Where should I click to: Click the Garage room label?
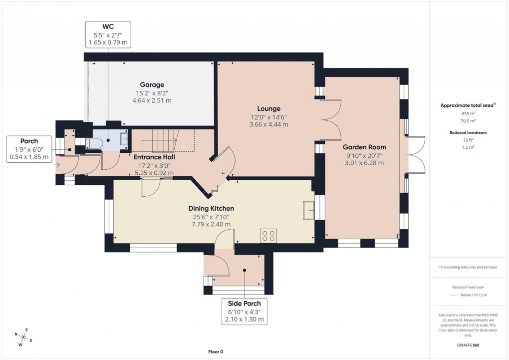click(152, 85)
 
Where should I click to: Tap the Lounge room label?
click(268, 108)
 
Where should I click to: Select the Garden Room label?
click(364, 147)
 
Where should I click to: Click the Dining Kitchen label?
click(211, 208)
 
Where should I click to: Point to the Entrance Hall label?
click(154, 157)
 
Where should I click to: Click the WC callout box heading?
click(108, 26)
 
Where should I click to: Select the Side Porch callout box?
click(245, 311)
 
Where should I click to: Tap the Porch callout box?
click(29, 149)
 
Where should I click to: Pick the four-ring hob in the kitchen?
click(268, 235)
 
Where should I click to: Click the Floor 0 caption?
click(216, 352)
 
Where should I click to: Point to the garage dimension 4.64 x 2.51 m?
click(152, 100)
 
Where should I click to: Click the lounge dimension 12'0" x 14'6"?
click(268, 117)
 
